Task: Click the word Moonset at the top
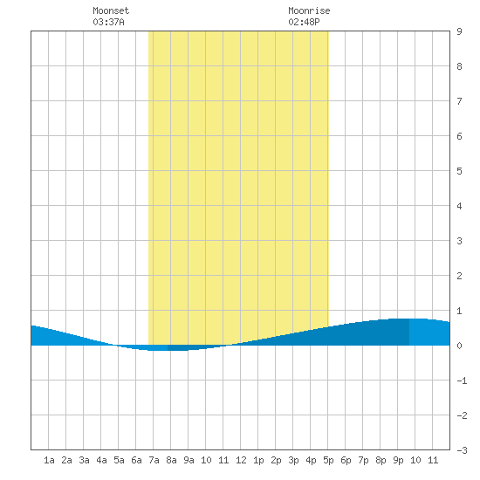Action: (x=111, y=10)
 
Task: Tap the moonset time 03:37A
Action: (x=109, y=22)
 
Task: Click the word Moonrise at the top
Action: (x=309, y=10)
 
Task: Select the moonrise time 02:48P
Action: (x=304, y=22)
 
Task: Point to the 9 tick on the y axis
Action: (x=459, y=31)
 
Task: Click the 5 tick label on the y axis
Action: (x=459, y=171)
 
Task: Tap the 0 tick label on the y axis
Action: (x=459, y=346)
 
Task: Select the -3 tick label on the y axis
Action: (x=462, y=450)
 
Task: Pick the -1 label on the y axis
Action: (x=462, y=381)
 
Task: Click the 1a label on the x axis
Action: (x=49, y=460)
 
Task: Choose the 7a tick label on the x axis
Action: (x=154, y=460)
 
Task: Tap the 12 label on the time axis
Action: (x=241, y=460)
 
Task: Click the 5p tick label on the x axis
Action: (x=328, y=460)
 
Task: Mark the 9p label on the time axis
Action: (x=398, y=460)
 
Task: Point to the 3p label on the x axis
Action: (x=293, y=460)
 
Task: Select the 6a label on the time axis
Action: (x=136, y=460)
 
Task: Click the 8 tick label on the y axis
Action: (x=459, y=66)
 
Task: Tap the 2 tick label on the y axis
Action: (x=459, y=276)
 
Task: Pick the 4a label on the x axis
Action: (x=101, y=460)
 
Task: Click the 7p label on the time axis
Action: (x=363, y=460)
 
